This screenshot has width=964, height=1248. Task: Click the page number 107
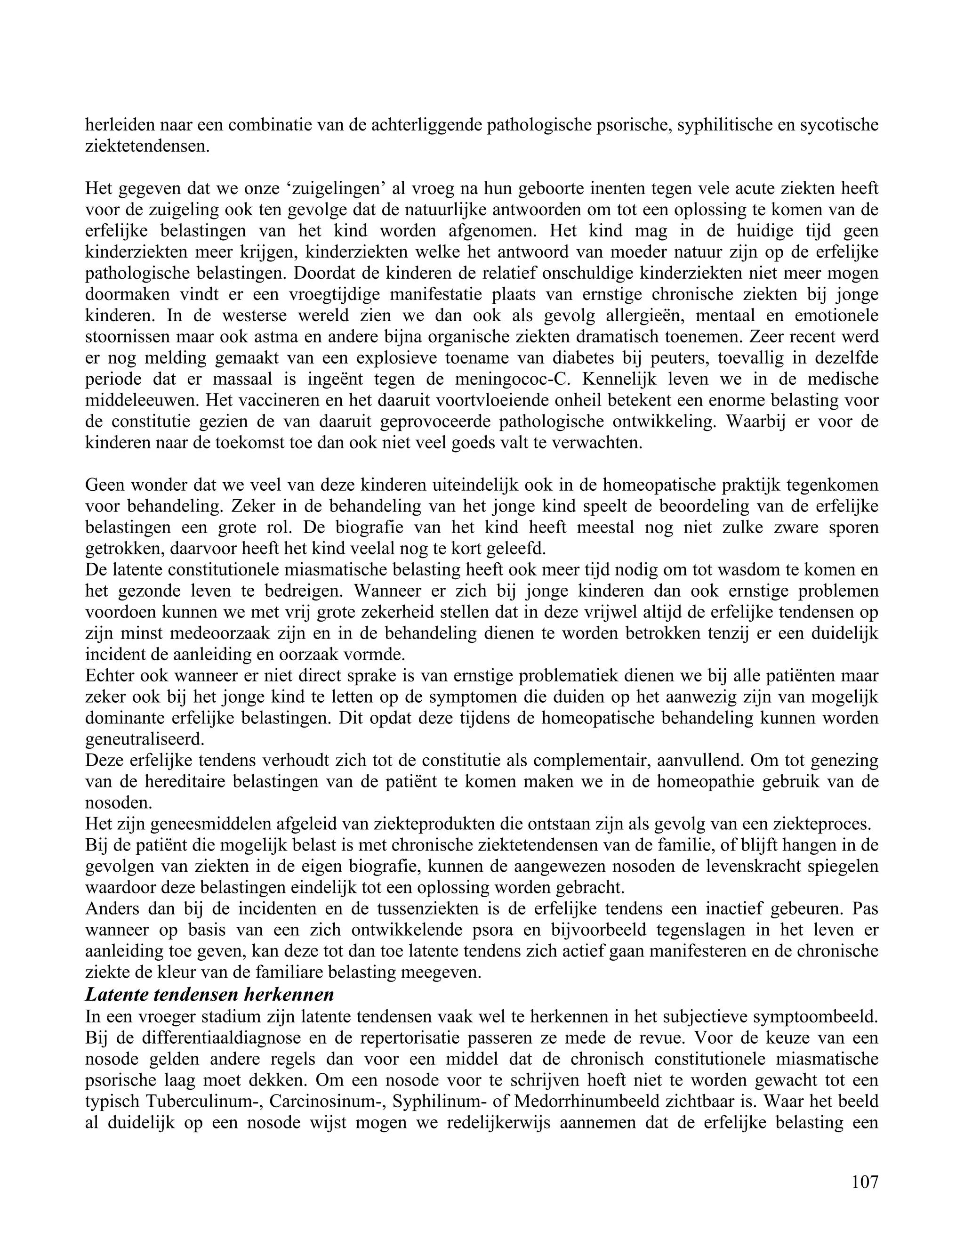865,1181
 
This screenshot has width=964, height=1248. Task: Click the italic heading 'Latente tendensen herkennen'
209,995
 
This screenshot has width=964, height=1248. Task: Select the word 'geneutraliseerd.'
145,739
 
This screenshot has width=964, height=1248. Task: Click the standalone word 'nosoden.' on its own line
119,803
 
